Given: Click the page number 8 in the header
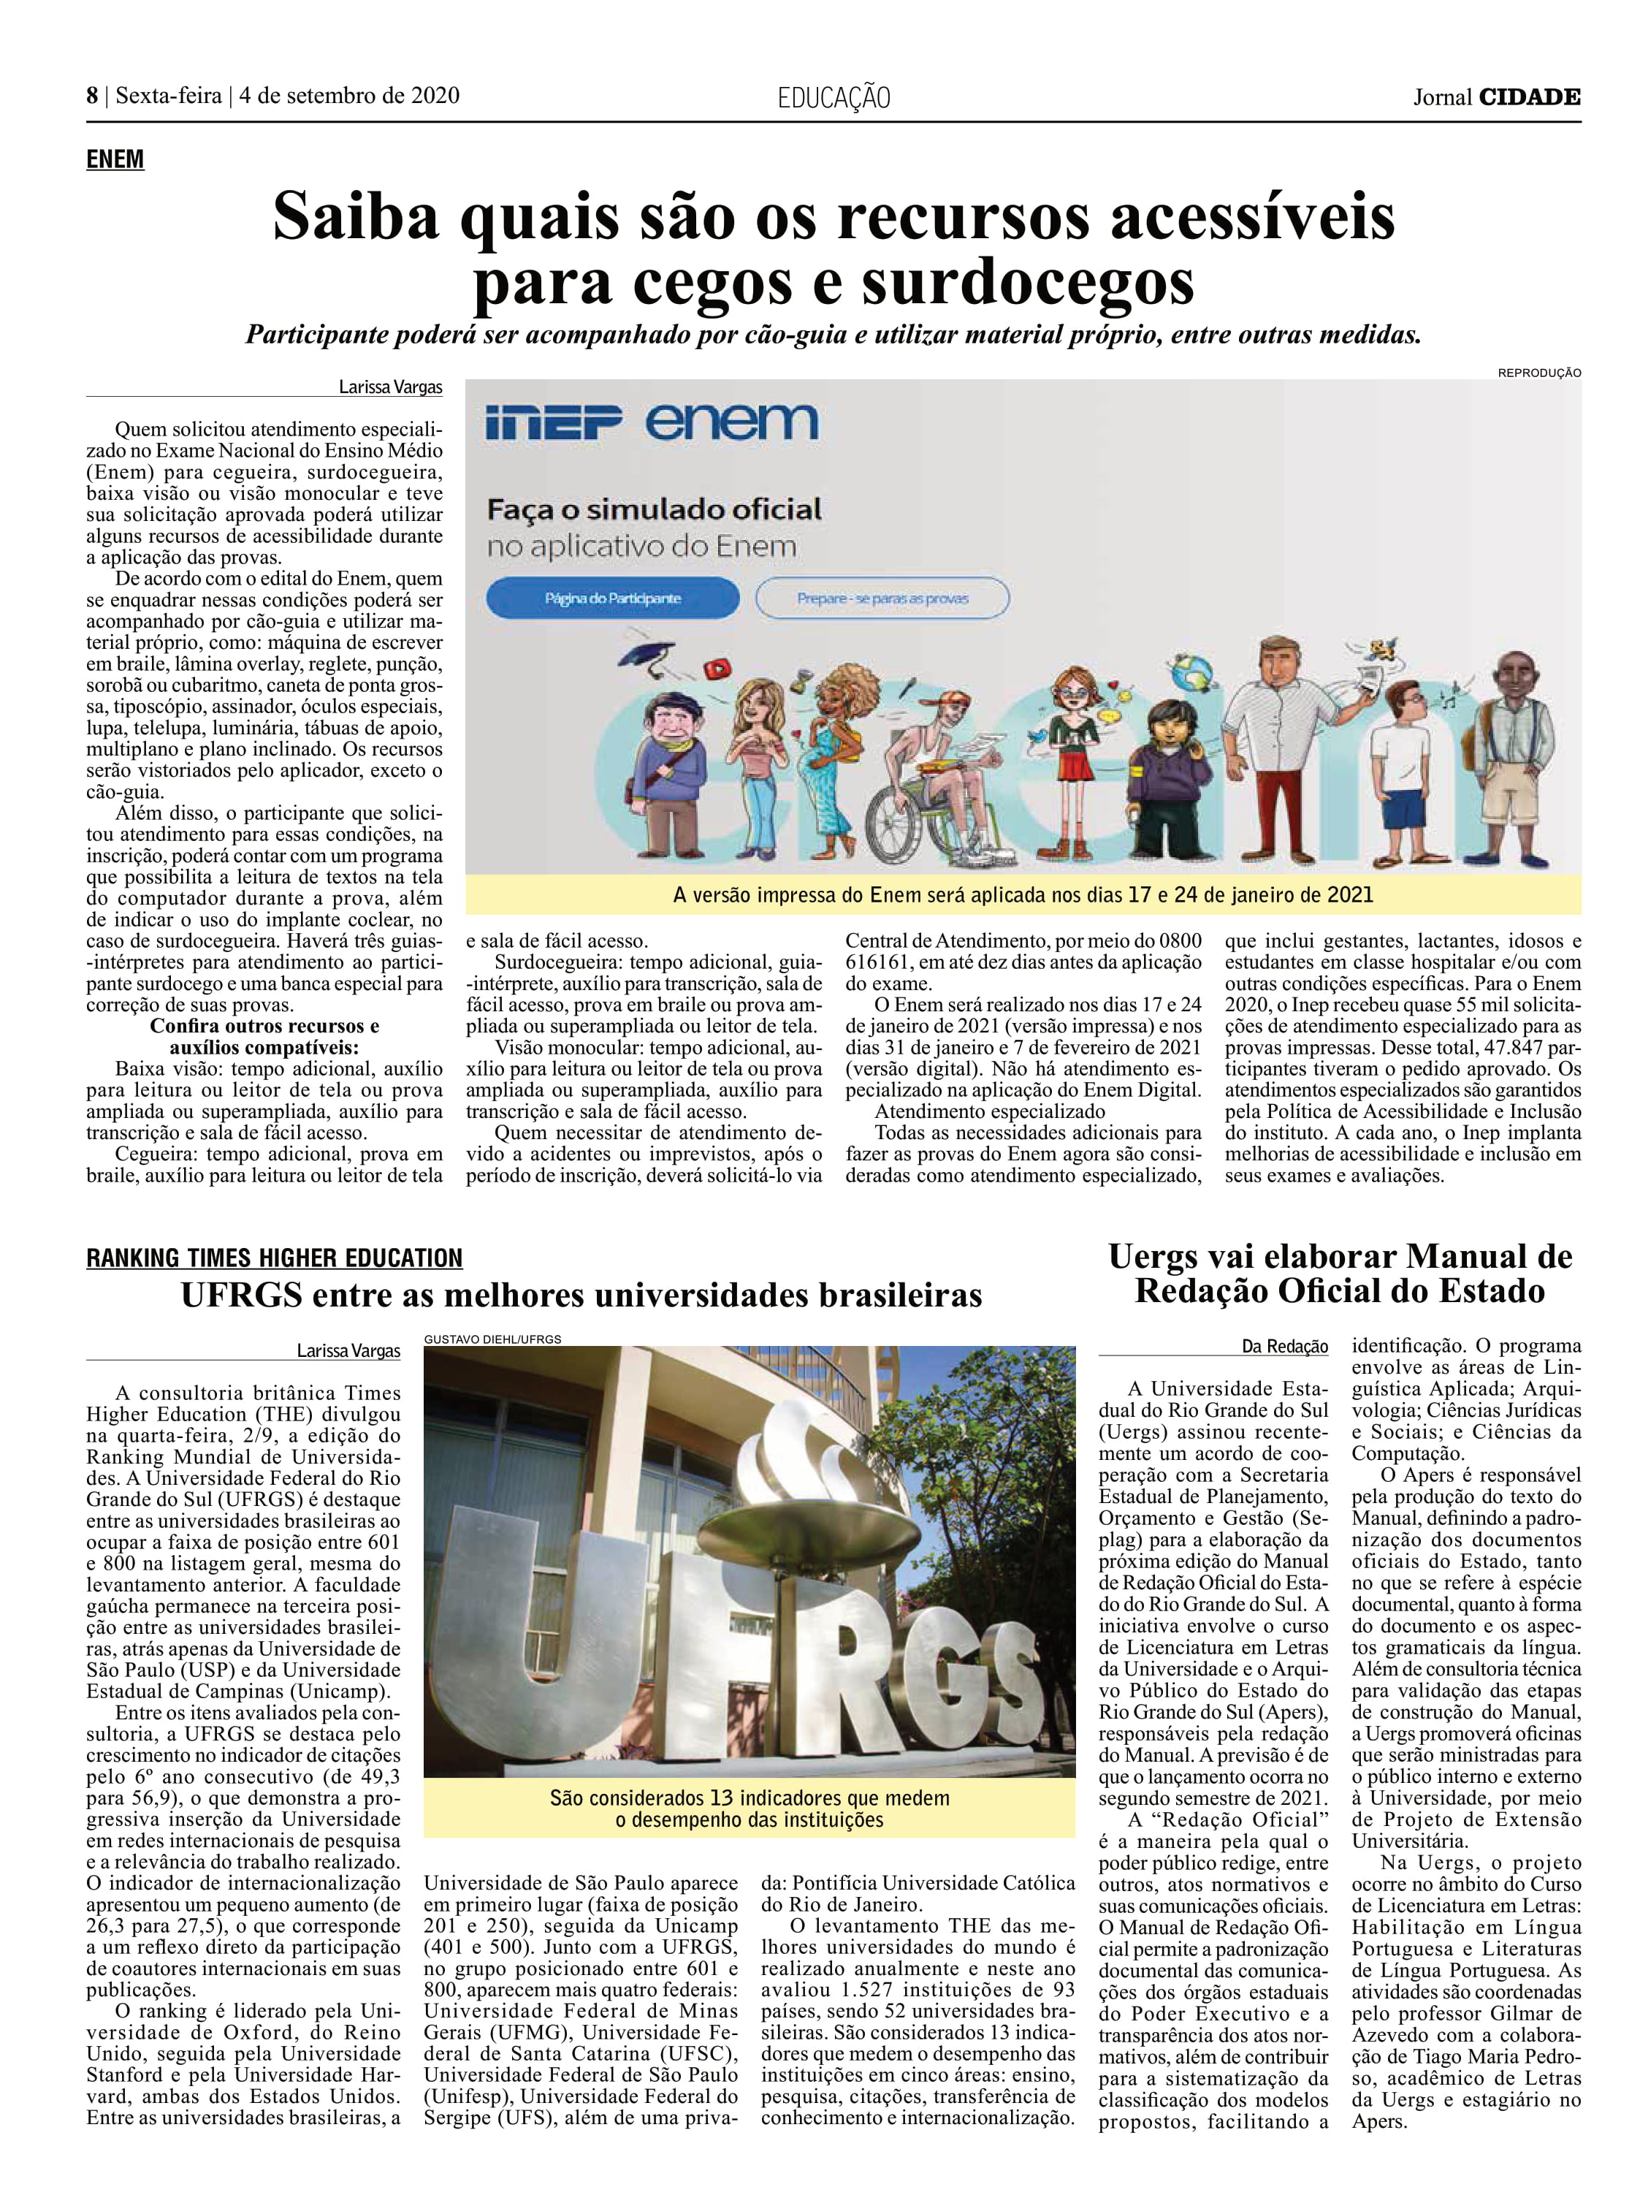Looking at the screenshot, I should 92,96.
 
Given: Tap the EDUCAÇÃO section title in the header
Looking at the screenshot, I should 834,98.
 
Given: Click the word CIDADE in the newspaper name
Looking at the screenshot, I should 1528,97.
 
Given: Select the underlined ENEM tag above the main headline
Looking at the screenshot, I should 115,159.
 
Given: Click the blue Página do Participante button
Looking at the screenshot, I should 612,598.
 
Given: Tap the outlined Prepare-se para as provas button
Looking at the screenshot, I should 882,598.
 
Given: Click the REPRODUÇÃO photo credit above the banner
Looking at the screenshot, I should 1538,373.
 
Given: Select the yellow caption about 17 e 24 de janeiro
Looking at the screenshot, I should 1022,895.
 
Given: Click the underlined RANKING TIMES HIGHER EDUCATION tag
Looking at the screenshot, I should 274,1258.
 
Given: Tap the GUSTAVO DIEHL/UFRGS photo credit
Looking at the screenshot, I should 492,1339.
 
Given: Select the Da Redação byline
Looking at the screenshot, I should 1284,1347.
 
